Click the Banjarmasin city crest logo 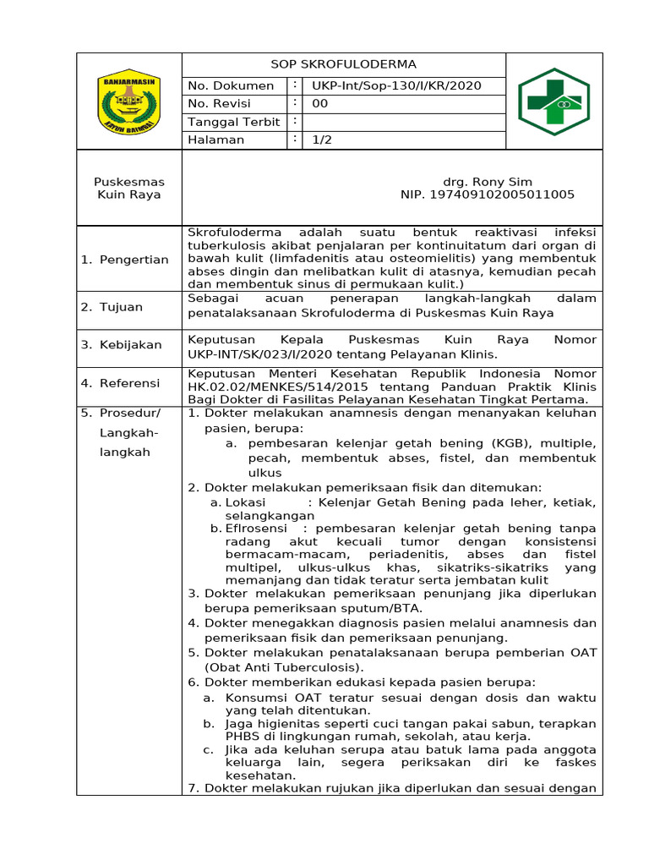129,102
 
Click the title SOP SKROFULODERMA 343,65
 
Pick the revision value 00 320,104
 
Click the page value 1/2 322,140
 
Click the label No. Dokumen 231,85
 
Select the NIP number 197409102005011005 487,195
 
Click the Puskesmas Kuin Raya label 129,189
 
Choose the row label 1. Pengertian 124,260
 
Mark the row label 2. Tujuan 112,307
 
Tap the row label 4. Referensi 120,383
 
